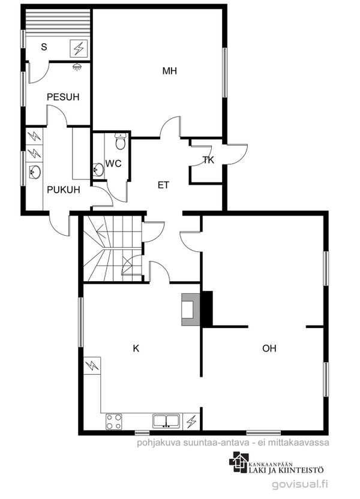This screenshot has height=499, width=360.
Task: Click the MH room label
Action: [169, 71]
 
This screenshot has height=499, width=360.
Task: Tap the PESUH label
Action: [63, 97]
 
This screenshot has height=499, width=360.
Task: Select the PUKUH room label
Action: [64, 190]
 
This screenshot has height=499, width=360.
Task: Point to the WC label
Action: [113, 164]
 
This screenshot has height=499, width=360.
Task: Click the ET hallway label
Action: [163, 185]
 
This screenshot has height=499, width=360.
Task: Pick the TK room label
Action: [208, 160]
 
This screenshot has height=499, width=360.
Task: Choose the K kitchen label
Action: [136, 348]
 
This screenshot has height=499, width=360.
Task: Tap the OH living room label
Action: [269, 348]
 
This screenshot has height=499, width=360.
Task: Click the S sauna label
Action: [44, 47]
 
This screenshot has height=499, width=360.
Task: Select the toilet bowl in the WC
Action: [121, 142]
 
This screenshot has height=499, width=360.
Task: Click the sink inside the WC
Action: [98, 170]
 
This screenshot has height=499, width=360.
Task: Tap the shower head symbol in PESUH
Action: [76, 67]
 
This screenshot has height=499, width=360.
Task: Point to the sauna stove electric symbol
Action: [79, 49]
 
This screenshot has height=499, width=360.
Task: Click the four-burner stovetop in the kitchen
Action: [114, 422]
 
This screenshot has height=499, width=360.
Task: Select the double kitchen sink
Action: [166, 420]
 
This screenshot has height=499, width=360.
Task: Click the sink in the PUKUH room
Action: [34, 172]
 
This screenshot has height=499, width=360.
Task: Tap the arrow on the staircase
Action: [102, 232]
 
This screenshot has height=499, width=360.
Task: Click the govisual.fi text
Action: [299, 484]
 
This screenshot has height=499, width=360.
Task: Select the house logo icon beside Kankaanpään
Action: [239, 462]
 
